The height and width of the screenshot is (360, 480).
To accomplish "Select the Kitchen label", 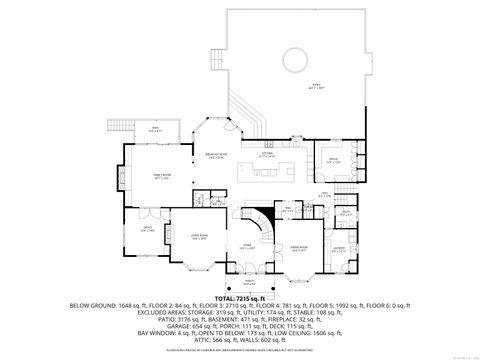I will [267, 156].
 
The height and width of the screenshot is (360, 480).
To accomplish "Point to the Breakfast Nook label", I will [215, 156].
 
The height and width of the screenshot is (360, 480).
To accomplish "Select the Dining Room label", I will [298, 247].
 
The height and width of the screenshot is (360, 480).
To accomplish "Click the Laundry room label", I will [339, 248].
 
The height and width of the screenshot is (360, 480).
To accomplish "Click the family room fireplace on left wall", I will [127, 184].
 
